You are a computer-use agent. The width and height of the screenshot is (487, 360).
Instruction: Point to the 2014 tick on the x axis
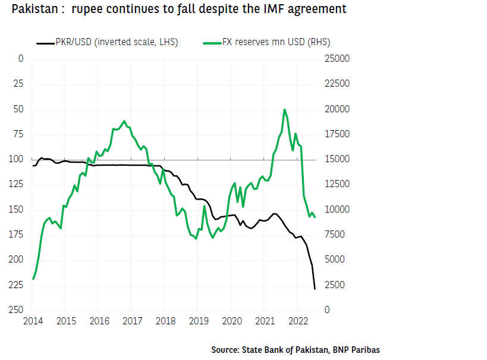pyautogui.click(x=33, y=321)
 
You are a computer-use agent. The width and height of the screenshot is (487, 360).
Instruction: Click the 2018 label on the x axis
pyautogui.click(x=165, y=321)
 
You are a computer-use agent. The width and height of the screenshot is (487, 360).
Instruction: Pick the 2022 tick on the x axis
pyautogui.click(x=298, y=321)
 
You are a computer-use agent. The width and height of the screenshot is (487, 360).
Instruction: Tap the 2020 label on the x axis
pyautogui.click(x=232, y=321)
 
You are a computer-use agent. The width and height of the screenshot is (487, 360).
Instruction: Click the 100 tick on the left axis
pyautogui.click(x=17, y=159)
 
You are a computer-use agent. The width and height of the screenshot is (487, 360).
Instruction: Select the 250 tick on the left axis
pyautogui.click(x=17, y=310)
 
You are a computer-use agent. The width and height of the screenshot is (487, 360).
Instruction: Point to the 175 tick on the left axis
pyautogui.click(x=17, y=235)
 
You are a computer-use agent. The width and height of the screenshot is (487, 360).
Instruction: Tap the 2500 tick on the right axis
pyautogui.click(x=334, y=285)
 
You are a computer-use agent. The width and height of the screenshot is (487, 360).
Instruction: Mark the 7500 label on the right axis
pyautogui.click(x=334, y=235)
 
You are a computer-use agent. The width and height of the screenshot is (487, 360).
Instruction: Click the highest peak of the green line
pyautogui.click(x=285, y=109)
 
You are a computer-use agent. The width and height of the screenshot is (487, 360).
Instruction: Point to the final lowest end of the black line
pyautogui.click(x=315, y=289)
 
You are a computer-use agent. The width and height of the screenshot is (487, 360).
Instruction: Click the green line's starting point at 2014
pyautogui.click(x=33, y=279)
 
